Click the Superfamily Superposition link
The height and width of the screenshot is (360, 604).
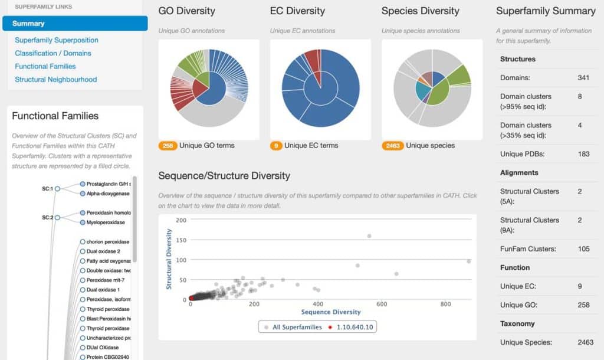click(57, 40)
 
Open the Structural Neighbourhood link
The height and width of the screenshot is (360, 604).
click(56, 79)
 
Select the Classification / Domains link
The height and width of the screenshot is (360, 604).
click(53, 53)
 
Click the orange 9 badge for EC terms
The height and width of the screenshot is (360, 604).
click(276, 146)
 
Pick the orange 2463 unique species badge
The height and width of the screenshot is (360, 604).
click(392, 146)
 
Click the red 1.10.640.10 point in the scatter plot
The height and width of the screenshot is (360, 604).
click(191, 298)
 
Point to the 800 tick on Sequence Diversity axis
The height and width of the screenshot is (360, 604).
click(446, 304)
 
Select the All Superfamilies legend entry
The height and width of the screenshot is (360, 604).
click(294, 327)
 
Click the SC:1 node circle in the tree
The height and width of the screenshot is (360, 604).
click(58, 189)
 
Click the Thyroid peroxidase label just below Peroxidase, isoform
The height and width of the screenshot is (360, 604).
click(108, 309)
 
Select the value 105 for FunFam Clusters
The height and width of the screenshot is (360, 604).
click(584, 248)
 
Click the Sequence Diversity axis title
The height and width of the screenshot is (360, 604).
click(331, 312)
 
